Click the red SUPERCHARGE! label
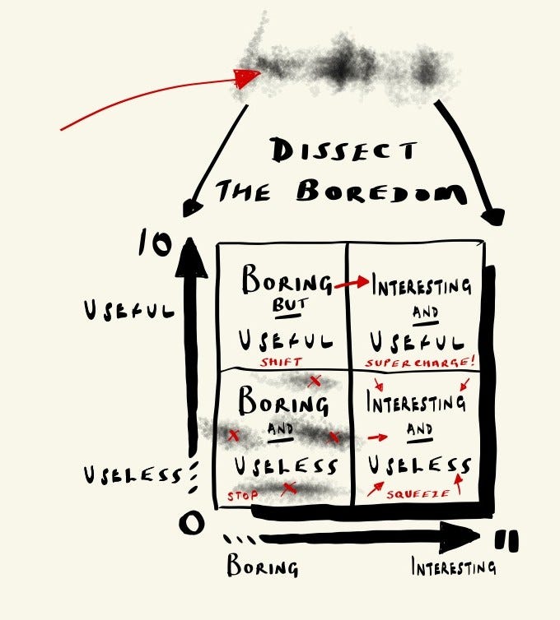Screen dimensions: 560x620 (x=422, y=363)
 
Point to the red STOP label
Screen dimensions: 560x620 (x=243, y=495)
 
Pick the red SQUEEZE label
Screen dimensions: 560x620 (x=418, y=494)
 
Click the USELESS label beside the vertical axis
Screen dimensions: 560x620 (x=131, y=475)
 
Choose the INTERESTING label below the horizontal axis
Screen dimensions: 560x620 (x=454, y=567)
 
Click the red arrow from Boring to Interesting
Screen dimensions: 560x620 (x=352, y=284)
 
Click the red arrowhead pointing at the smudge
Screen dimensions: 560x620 (x=246, y=78)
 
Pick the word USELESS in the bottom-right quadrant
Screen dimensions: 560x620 (x=420, y=465)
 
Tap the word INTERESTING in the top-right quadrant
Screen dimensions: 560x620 (x=422, y=287)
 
